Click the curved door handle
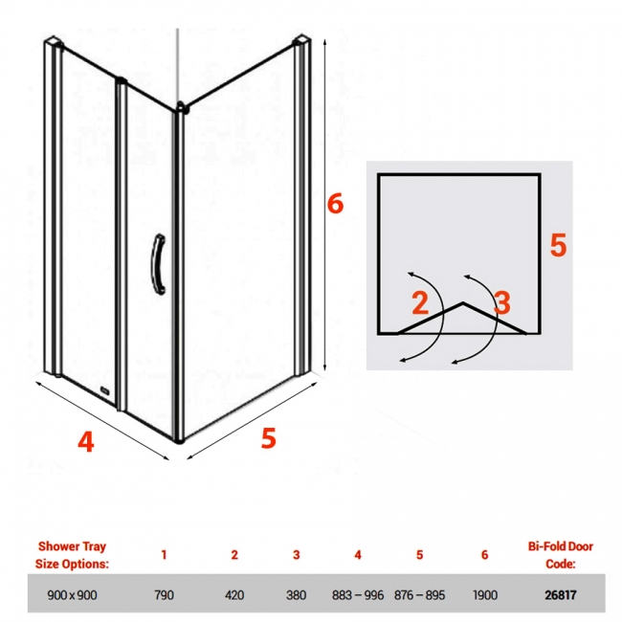tap(158, 264)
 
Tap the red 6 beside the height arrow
tap(335, 204)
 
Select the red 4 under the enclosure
tap(86, 441)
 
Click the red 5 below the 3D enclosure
tap(268, 438)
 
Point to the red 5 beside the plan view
tap(558, 245)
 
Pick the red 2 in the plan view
tap(420, 302)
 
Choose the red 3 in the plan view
tap(502, 302)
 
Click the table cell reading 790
tap(165, 595)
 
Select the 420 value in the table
tap(234, 595)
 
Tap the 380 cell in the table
tap(296, 595)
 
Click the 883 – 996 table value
tap(358, 595)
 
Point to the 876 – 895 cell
tap(420, 595)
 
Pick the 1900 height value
tap(485, 595)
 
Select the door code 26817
tap(561, 595)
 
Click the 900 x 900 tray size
tap(72, 595)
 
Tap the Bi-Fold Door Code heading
tap(561, 555)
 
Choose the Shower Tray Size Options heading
tap(72, 555)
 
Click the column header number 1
tap(164, 555)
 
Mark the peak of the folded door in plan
tap(463, 303)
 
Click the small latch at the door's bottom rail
tap(105, 390)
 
